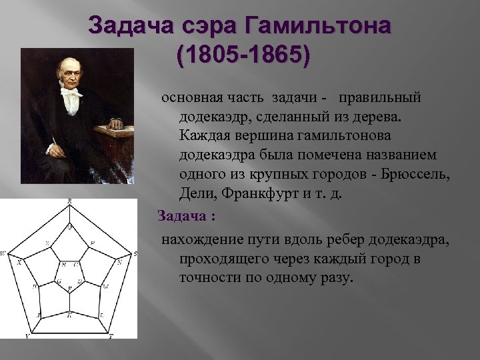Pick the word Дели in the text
click(x=197, y=193)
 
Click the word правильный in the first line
click(x=380, y=97)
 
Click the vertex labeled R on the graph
click(x=71, y=206)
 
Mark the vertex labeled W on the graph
click(x=7, y=254)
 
